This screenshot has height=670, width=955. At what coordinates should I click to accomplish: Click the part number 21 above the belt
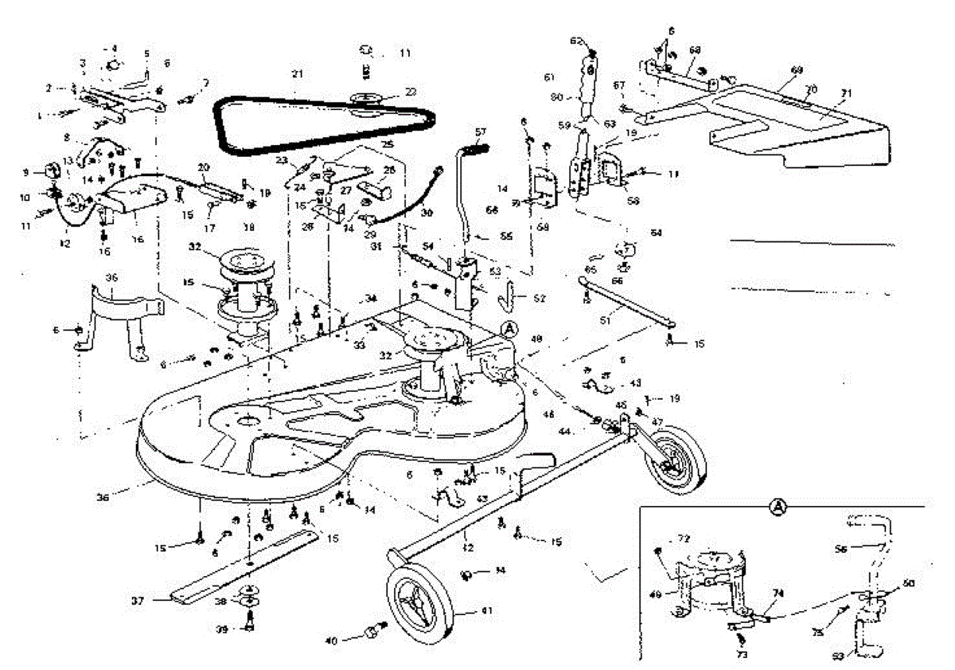tap(297, 74)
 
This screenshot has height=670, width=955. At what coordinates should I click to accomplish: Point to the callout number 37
tap(137, 601)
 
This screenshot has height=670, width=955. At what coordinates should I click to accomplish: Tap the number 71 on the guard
tap(846, 93)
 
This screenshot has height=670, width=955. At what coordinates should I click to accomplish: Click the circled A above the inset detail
tap(778, 505)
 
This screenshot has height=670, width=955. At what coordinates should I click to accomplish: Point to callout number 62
tap(577, 41)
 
